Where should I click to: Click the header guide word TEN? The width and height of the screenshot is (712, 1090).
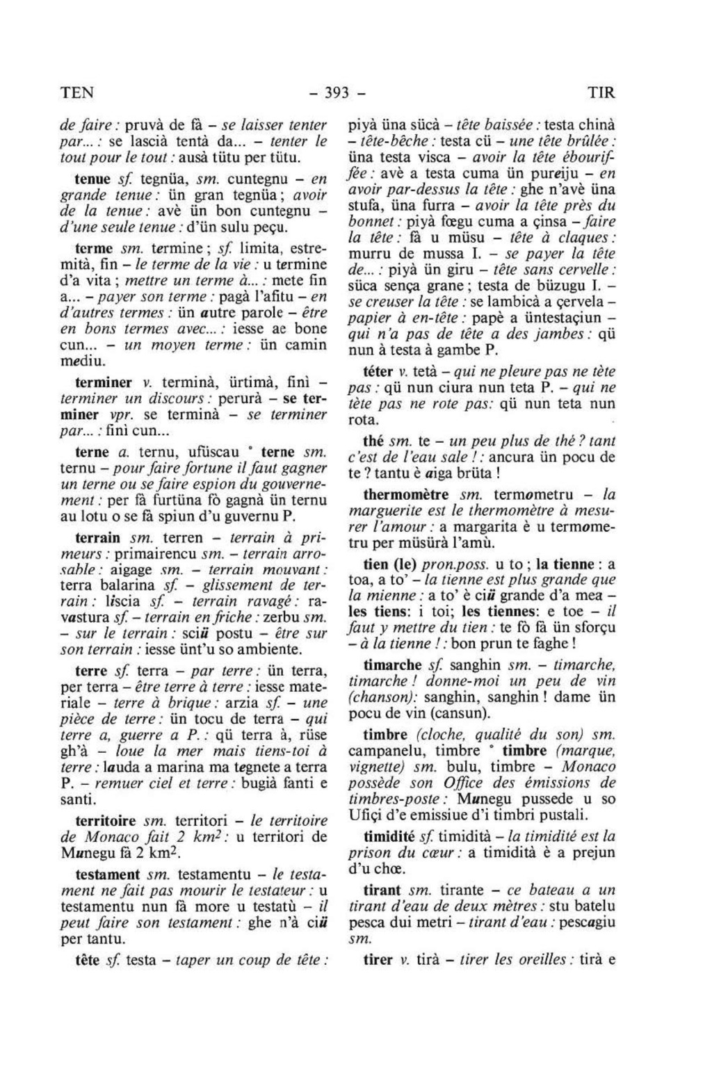(x=76, y=92)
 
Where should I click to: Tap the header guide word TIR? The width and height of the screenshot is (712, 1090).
(x=601, y=92)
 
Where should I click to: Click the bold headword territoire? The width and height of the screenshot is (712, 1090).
(x=106, y=821)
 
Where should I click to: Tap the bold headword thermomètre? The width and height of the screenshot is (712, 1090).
(x=409, y=495)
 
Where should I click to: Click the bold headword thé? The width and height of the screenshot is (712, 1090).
(x=374, y=441)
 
